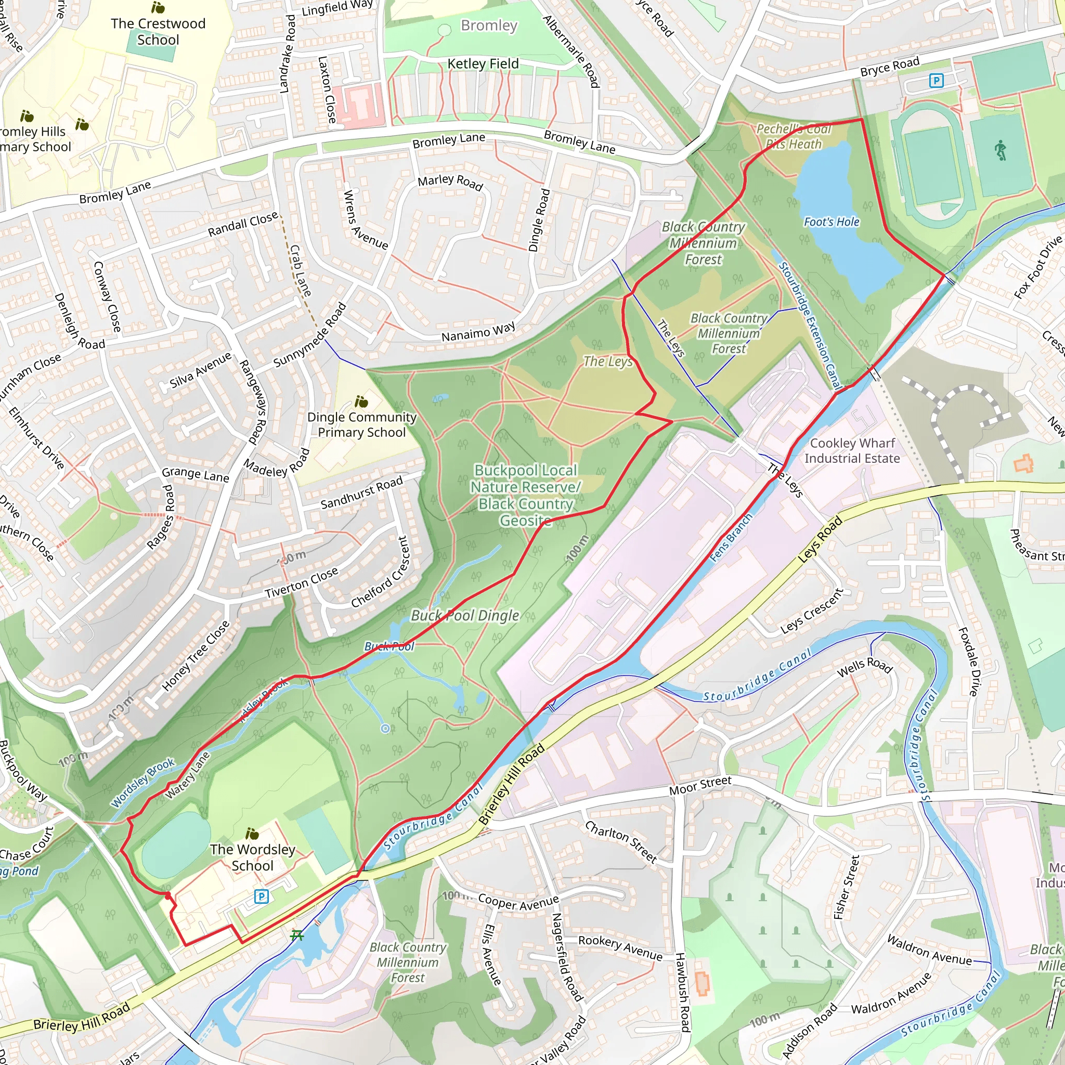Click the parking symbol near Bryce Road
coord(936,81)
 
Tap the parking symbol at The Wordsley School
coord(261,897)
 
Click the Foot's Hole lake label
coord(832,222)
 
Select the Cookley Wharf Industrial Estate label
coord(852,450)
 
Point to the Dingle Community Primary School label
coord(361,424)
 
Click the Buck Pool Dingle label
coord(465,616)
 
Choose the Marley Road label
coord(450,182)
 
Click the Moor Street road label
coord(700,785)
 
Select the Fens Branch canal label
coord(731,538)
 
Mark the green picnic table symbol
coord(297,934)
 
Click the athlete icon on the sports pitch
coord(1001,150)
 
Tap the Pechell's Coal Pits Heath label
coord(793,136)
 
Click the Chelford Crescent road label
coord(380,573)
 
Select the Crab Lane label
coord(301,270)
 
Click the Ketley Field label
coord(483,64)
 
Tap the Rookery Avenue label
coord(620,947)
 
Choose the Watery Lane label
coord(188,775)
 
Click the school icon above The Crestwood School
coord(158,8)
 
